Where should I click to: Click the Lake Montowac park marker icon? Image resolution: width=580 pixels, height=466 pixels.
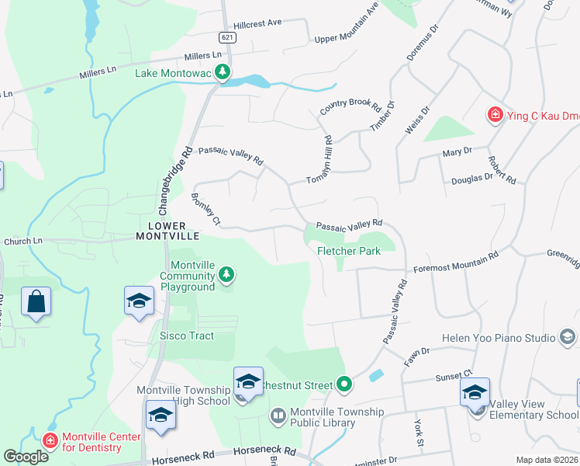(x=223, y=73)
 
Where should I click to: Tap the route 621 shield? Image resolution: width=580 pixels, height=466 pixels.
(x=226, y=37)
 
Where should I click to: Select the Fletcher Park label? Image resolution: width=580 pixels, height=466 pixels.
(x=348, y=252)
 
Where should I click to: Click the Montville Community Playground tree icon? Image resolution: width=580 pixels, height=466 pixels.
(x=226, y=274)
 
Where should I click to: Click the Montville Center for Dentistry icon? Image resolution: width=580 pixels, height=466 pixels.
(x=50, y=441)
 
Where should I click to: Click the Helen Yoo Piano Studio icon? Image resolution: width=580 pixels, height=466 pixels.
(x=568, y=338)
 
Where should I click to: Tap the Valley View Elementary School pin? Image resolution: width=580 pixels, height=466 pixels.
(x=475, y=392)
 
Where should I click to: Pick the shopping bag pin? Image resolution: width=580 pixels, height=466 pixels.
(x=36, y=302)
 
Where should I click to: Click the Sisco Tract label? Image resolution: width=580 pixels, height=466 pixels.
(x=186, y=336)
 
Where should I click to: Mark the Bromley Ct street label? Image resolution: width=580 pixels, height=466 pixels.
(x=205, y=210)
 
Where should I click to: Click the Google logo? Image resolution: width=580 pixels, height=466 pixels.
(x=26, y=457)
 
